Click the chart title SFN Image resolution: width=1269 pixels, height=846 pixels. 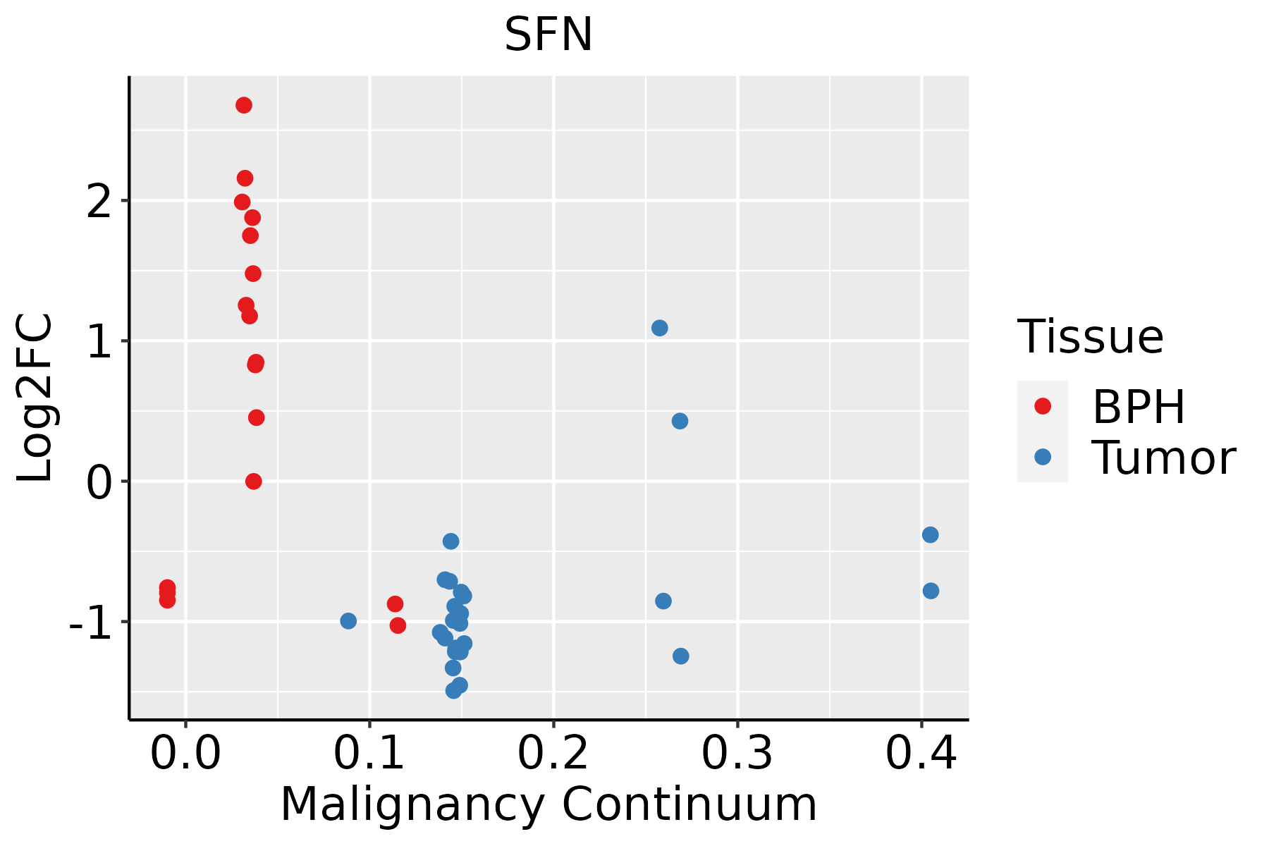click(548, 35)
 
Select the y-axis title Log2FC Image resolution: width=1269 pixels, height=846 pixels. click(35, 398)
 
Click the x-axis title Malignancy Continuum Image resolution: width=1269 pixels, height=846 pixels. click(548, 805)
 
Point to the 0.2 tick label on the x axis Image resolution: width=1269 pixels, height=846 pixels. click(553, 753)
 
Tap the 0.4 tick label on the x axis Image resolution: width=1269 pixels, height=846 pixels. click(921, 753)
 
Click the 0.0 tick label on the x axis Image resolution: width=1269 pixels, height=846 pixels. click(185, 753)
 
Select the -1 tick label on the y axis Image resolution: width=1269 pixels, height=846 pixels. click(90, 623)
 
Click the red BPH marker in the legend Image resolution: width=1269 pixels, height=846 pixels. click(1042, 406)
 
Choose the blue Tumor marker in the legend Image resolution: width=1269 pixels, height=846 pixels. click(1042, 457)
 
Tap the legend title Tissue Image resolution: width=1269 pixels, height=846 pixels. click(1091, 337)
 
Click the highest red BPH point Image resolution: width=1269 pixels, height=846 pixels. click(244, 105)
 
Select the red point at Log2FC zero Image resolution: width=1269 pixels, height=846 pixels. click(254, 482)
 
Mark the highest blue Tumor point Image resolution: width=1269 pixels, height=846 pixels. click(660, 328)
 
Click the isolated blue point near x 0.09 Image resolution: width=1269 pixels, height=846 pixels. click(348, 621)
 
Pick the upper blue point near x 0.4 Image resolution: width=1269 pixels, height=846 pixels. click(930, 535)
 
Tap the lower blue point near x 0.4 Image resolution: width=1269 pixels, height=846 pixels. click(931, 591)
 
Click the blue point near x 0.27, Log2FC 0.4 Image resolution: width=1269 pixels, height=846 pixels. click(680, 421)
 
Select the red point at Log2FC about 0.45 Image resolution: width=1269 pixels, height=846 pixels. click(257, 418)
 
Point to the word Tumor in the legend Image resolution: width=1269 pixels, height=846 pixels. click(1163, 458)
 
